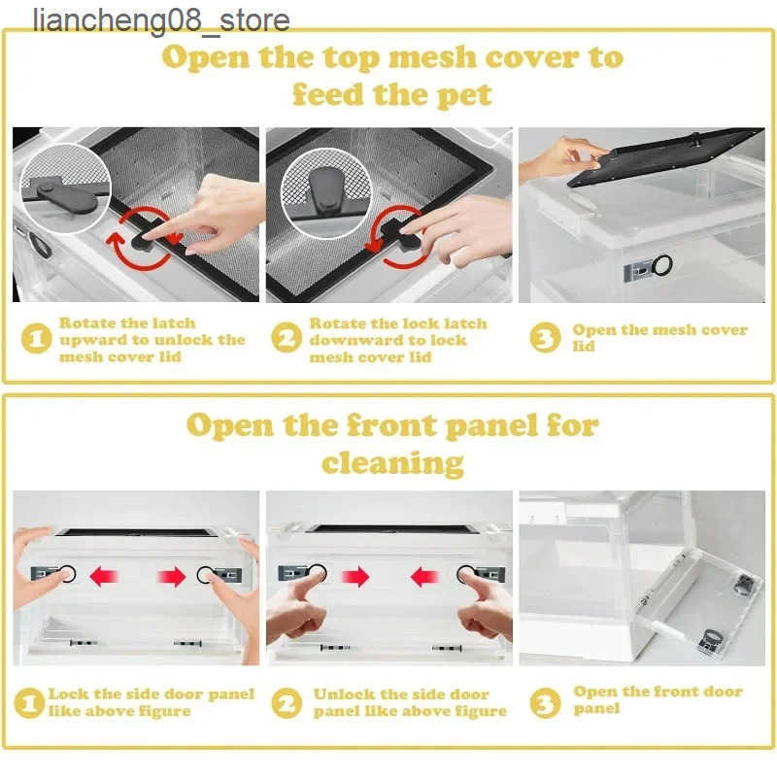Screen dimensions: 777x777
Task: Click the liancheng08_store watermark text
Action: (161, 20)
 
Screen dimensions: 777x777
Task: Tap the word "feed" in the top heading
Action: (328, 94)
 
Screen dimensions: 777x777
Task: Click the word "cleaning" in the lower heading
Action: (392, 463)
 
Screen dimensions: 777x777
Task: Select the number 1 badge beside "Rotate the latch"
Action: (37, 339)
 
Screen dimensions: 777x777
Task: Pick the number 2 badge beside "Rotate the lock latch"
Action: (287, 337)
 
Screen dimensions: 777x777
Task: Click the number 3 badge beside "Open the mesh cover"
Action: (545, 337)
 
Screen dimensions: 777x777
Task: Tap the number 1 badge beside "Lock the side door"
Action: (29, 702)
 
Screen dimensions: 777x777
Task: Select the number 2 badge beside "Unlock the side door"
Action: (287, 702)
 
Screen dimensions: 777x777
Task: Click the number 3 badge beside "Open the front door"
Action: (545, 702)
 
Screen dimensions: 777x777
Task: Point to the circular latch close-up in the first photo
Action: (65, 188)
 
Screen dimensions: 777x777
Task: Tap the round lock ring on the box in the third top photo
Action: (662, 265)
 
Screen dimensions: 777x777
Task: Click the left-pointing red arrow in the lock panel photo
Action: (104, 577)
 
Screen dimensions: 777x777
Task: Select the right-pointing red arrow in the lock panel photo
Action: (172, 577)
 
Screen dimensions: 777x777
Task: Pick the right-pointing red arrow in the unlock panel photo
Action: (355, 577)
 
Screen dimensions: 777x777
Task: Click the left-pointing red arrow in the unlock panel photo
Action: (424, 577)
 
